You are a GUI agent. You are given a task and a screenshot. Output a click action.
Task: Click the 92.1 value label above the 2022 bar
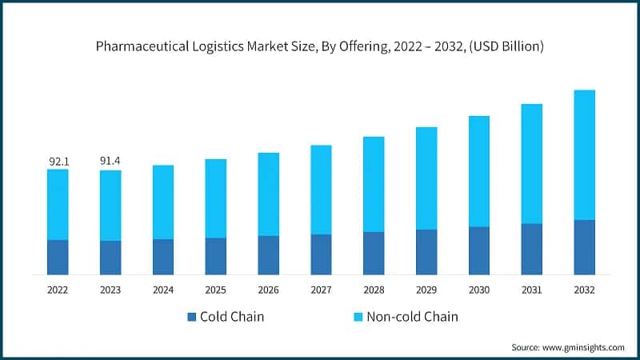click(x=59, y=162)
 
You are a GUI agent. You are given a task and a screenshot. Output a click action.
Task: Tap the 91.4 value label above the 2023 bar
click(x=110, y=162)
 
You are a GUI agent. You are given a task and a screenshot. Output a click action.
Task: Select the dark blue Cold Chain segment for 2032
click(x=584, y=247)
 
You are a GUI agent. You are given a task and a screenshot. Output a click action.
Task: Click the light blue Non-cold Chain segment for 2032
click(x=584, y=154)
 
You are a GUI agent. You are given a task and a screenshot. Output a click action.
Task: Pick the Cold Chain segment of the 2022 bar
click(x=58, y=257)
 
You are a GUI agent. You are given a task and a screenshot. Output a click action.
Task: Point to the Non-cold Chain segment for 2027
click(x=321, y=190)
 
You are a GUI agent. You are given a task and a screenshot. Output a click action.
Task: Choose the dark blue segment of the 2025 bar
click(x=215, y=256)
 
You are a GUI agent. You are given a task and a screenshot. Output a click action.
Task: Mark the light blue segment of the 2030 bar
click(x=478, y=171)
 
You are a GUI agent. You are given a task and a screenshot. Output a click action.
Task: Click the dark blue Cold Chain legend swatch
click(x=191, y=317)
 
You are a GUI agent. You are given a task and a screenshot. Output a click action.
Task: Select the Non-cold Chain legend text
click(x=412, y=317)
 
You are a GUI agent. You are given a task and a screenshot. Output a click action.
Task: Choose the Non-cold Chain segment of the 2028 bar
click(x=374, y=184)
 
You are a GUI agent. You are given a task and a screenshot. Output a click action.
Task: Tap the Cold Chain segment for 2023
click(x=110, y=258)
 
